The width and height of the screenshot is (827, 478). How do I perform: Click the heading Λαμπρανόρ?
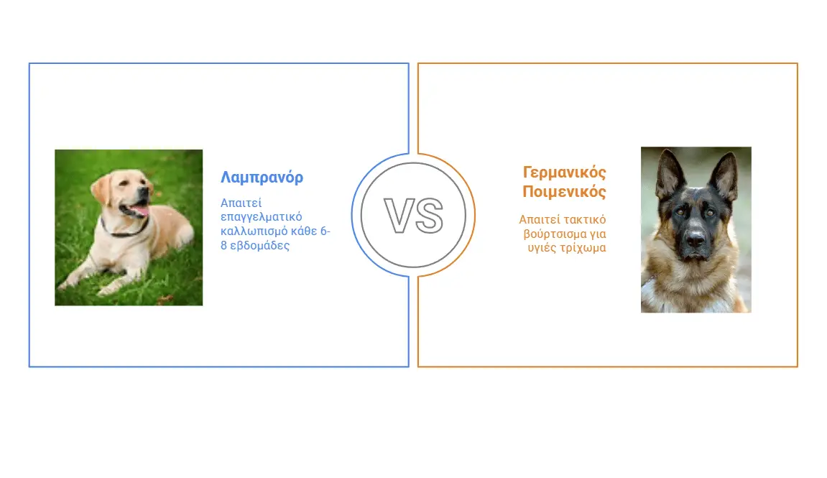point(262,178)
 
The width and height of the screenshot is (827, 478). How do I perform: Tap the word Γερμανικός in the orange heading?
point(564,173)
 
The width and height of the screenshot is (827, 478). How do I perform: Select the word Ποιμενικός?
point(564,191)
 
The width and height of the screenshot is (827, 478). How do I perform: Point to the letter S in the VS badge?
point(429,215)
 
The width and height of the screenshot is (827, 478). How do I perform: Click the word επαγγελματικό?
point(261,217)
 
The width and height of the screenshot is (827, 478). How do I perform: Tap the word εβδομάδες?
point(260,245)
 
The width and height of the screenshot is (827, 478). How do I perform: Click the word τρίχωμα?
point(583,248)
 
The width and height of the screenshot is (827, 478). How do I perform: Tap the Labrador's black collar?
point(124,231)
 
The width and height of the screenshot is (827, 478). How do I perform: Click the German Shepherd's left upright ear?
point(669,174)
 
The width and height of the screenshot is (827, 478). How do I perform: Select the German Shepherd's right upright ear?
point(724,175)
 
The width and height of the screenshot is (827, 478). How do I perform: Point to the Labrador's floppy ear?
point(103,190)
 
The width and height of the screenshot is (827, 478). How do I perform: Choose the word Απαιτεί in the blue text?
point(241,203)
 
